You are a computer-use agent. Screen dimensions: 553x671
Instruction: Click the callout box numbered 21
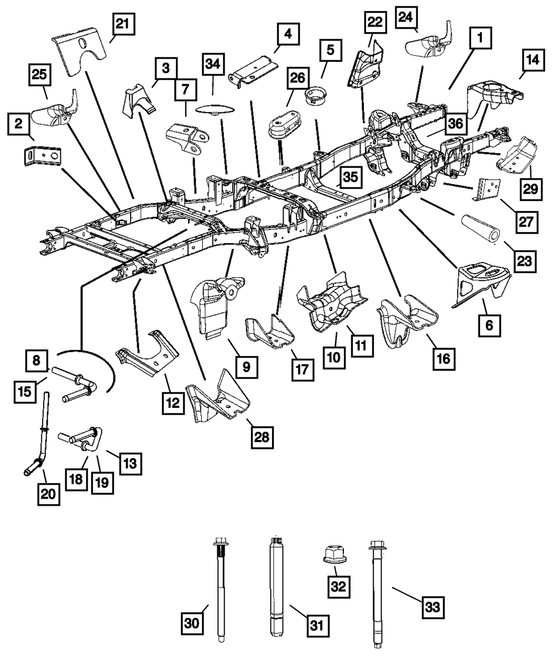pos(123,23)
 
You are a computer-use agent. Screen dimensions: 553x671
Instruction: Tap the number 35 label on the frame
pos(351,177)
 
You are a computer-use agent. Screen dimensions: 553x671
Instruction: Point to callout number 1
pos(480,38)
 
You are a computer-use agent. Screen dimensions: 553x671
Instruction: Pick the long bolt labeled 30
pos(221,589)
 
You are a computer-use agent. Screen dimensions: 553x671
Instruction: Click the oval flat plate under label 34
pos(213,109)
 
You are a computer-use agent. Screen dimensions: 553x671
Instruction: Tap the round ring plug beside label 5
pos(314,95)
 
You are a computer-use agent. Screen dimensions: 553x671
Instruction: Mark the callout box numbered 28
pos(262,437)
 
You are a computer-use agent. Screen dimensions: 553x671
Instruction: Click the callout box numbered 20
pos(49,494)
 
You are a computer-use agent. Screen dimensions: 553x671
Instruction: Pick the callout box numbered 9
pos(247,367)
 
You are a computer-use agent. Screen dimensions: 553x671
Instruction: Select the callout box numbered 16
pos(444,359)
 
